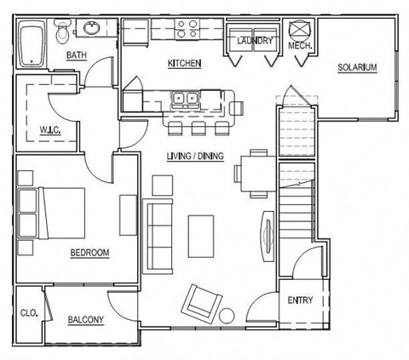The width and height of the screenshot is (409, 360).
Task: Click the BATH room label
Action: [x=78, y=57]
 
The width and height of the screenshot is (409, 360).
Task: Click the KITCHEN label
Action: [x=184, y=64]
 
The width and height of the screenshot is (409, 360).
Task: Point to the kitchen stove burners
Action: [x=187, y=31]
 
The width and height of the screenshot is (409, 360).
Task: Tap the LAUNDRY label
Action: [x=254, y=41]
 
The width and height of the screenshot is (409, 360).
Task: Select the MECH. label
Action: [x=299, y=45]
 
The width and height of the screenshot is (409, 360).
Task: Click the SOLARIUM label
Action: [x=357, y=68]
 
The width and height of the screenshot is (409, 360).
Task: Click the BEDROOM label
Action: [x=89, y=253]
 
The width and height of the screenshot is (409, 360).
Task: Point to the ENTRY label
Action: [x=300, y=300]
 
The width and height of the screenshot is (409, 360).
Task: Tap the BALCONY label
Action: [x=85, y=320]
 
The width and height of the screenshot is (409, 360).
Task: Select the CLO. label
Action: [x=28, y=313]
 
